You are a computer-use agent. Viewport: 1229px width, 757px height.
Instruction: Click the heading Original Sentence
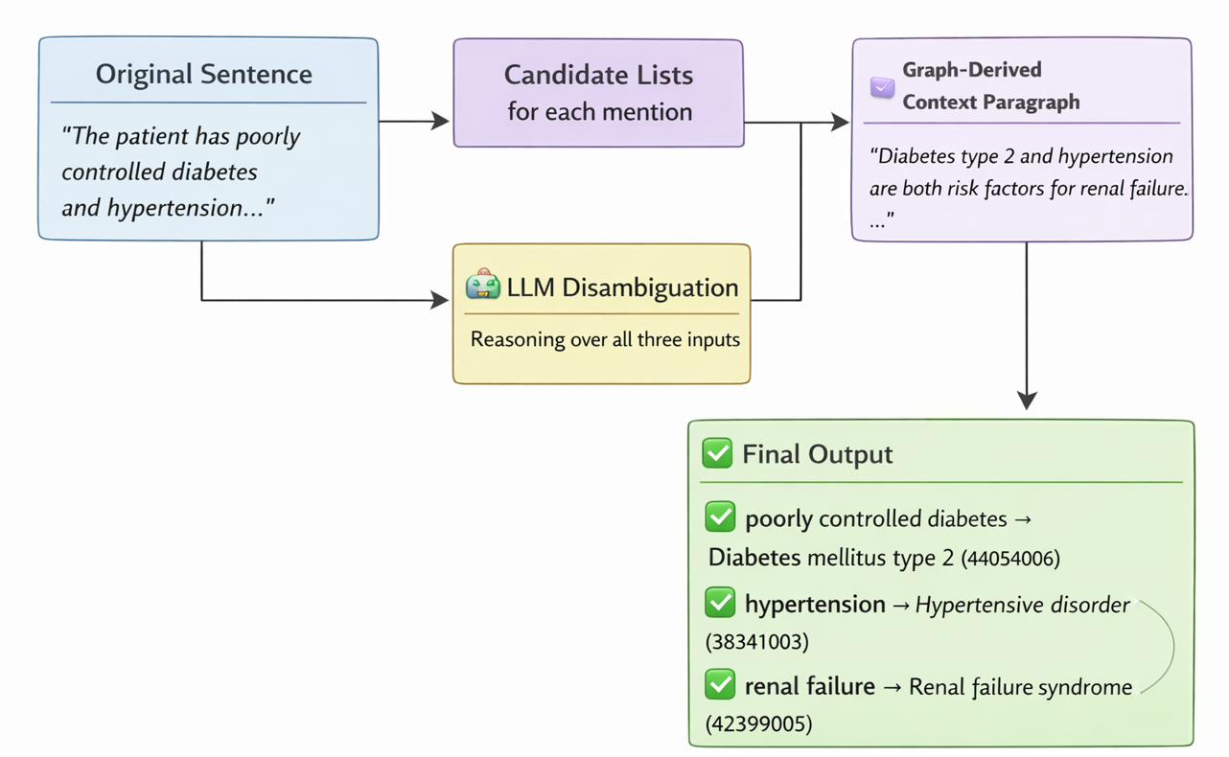[203, 74]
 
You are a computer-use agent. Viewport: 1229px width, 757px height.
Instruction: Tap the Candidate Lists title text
[598, 75]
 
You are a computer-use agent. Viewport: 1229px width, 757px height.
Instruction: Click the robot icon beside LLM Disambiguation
[483, 284]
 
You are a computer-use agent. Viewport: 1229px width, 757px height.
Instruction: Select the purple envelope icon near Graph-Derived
[882, 87]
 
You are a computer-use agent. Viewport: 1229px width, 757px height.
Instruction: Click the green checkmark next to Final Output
[717, 453]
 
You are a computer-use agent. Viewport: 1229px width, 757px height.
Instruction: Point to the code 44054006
[1010, 559]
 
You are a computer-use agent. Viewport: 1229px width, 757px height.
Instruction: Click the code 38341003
[757, 641]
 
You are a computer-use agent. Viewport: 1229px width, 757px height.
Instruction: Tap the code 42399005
[759, 723]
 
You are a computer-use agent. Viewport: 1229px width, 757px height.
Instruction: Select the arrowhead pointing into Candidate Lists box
[440, 121]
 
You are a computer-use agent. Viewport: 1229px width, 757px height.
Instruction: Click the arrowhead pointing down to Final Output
[1027, 401]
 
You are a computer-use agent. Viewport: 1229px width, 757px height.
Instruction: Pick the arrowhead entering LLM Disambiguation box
[440, 300]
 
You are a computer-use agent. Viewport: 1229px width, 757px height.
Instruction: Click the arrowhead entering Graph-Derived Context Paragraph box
[840, 122]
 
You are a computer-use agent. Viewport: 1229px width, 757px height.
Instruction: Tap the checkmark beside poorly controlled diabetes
[720, 516]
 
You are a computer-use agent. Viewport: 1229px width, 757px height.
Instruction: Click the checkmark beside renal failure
[720, 684]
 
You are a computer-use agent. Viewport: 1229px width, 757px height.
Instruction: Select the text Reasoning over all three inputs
[605, 339]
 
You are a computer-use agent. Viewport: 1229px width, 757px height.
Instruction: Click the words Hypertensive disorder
[1022, 605]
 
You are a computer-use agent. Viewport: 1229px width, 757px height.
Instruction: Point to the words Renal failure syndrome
[1021, 687]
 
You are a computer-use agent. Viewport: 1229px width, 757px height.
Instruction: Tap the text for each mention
[600, 112]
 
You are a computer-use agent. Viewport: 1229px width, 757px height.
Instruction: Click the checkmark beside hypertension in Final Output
[720, 602]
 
